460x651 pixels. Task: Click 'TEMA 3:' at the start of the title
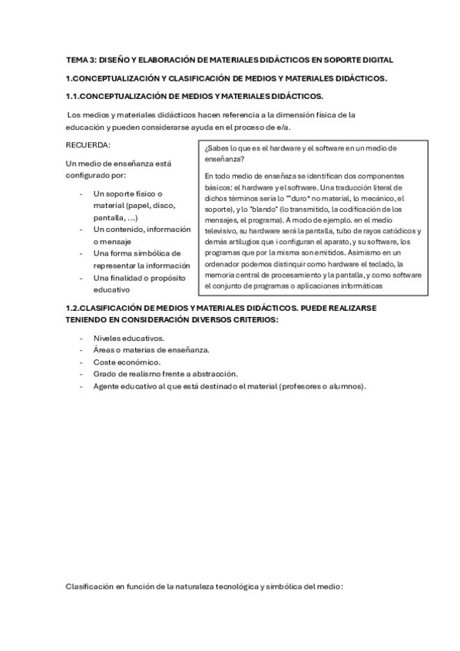point(79,59)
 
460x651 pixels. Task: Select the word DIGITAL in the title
point(378,59)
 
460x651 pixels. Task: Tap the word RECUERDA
point(88,145)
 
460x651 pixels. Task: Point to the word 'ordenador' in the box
point(225,264)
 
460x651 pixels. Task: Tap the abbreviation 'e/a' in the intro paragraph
point(286,127)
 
